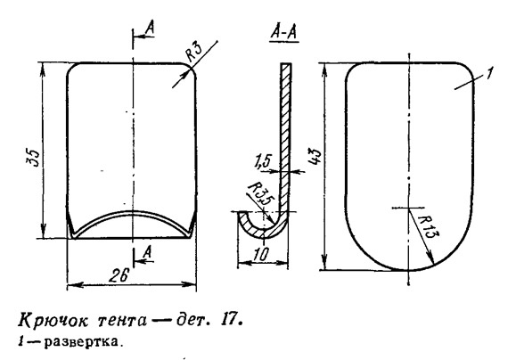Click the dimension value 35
tap(33, 159)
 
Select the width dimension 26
tap(119, 274)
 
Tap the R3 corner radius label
tap(195, 53)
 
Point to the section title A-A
tap(284, 33)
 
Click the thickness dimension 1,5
tap(262, 162)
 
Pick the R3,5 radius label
tap(258, 195)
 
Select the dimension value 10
tap(262, 254)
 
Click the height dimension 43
tap(315, 156)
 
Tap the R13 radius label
tap(428, 228)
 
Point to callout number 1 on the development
tap(490, 73)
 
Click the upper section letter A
tap(150, 28)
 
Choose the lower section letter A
tap(147, 253)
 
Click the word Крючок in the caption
tap(53, 321)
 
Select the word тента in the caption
tap(122, 321)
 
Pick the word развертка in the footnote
tap(81, 342)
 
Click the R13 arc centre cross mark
tap(409, 208)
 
